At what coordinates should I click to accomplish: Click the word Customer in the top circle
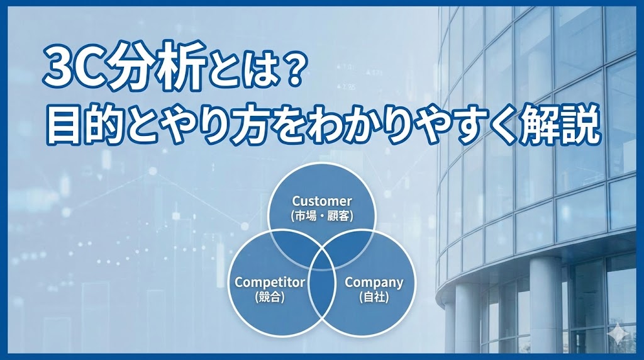pyautogui.click(x=321, y=201)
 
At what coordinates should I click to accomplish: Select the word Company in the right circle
pyautogui.click(x=374, y=282)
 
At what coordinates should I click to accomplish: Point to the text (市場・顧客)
pyautogui.click(x=321, y=216)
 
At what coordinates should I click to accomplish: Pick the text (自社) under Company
pyautogui.click(x=374, y=296)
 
